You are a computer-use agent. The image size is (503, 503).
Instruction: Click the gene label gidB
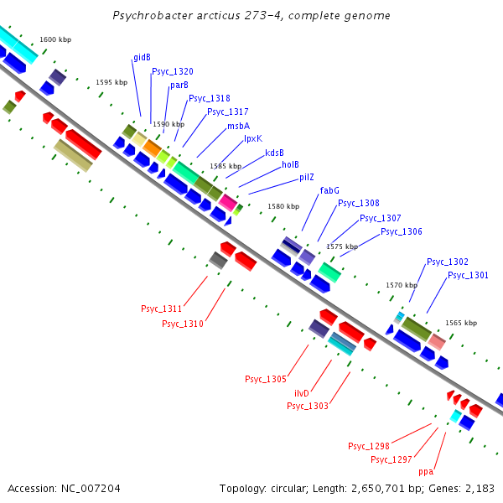pyautogui.click(x=142, y=58)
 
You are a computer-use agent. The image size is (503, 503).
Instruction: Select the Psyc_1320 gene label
pyautogui.click(x=173, y=72)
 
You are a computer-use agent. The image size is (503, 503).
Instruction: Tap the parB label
pyautogui.click(x=179, y=86)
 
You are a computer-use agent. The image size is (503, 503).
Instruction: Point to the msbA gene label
pyautogui.click(x=238, y=126)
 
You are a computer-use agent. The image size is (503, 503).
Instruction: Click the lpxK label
pyautogui.click(x=253, y=138)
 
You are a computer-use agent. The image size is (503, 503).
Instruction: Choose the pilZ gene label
pyautogui.click(x=307, y=178)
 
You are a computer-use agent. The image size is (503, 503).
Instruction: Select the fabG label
pyautogui.click(x=329, y=191)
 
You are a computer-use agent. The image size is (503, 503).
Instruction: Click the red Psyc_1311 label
pyautogui.click(x=162, y=309)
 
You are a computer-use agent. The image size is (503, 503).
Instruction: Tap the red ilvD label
pyautogui.click(x=302, y=393)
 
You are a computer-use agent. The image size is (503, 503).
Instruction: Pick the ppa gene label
pyautogui.click(x=426, y=472)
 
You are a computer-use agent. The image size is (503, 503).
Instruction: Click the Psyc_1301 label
pyautogui.click(x=468, y=275)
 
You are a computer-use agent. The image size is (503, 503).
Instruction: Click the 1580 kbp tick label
pyautogui.click(x=283, y=206)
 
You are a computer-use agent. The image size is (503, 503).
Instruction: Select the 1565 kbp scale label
pyautogui.click(x=461, y=323)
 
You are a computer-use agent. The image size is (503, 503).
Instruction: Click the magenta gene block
pyautogui.click(x=228, y=202)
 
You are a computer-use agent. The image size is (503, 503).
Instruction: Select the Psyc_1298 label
pyautogui.click(x=369, y=446)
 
